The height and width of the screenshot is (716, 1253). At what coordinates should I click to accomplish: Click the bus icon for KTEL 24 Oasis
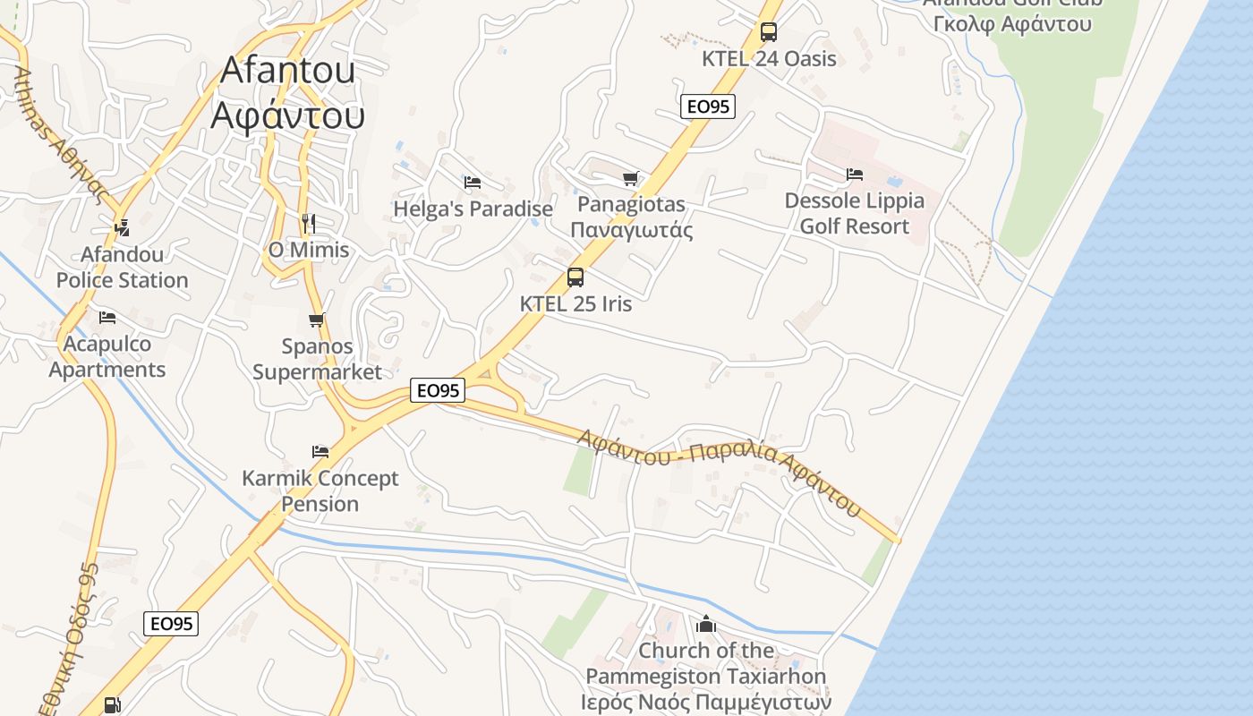768,33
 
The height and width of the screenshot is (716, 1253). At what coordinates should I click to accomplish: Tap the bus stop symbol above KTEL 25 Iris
575,277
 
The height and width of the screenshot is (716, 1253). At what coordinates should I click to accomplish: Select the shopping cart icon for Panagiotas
631,178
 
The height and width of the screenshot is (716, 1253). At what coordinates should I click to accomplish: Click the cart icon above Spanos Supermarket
316,320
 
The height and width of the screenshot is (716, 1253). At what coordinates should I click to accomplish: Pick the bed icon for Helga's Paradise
473,183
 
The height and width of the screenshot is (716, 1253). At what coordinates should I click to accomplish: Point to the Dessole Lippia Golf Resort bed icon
855,175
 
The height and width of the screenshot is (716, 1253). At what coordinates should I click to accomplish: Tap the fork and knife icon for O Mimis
309,224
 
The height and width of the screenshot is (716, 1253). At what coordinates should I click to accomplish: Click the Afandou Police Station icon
122,228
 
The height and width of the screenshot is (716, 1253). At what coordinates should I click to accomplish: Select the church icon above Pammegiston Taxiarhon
706,624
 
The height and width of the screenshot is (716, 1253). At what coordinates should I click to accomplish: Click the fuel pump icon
112,705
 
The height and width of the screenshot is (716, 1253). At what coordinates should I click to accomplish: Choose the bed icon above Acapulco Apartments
107,318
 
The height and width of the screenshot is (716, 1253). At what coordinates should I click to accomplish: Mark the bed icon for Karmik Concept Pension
320,452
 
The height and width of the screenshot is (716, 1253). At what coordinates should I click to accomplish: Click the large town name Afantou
288,70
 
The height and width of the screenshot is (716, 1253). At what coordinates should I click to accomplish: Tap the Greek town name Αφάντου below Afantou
288,116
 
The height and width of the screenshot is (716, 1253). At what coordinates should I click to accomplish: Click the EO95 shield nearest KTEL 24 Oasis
707,107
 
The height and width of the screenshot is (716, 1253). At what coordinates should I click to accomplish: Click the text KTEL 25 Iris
575,304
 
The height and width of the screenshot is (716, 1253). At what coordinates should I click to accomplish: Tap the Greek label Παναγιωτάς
632,230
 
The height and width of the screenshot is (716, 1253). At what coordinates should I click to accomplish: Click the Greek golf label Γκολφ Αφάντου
1012,24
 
